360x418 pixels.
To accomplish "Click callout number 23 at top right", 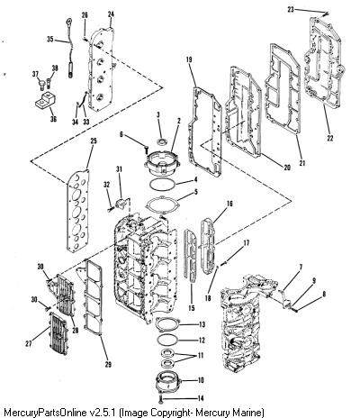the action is [x=291, y=10].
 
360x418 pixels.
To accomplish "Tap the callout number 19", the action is [x=189, y=59].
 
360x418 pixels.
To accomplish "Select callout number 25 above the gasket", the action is [x=94, y=141].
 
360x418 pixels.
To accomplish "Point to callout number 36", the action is [x=53, y=119].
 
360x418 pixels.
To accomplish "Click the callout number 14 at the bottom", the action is [x=201, y=398].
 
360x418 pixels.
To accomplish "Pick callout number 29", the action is [x=108, y=364].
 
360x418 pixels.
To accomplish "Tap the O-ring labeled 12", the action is [x=168, y=340].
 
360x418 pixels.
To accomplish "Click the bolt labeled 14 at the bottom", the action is [x=161, y=399].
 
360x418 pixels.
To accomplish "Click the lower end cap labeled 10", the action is [x=169, y=382].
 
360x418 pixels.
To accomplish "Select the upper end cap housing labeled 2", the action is [x=162, y=165].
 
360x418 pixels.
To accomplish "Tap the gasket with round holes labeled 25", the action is [x=77, y=211].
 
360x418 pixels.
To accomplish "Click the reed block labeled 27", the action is [x=60, y=333].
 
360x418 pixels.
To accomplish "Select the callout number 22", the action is [x=330, y=138].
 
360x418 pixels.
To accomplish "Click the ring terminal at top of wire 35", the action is [x=69, y=21].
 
